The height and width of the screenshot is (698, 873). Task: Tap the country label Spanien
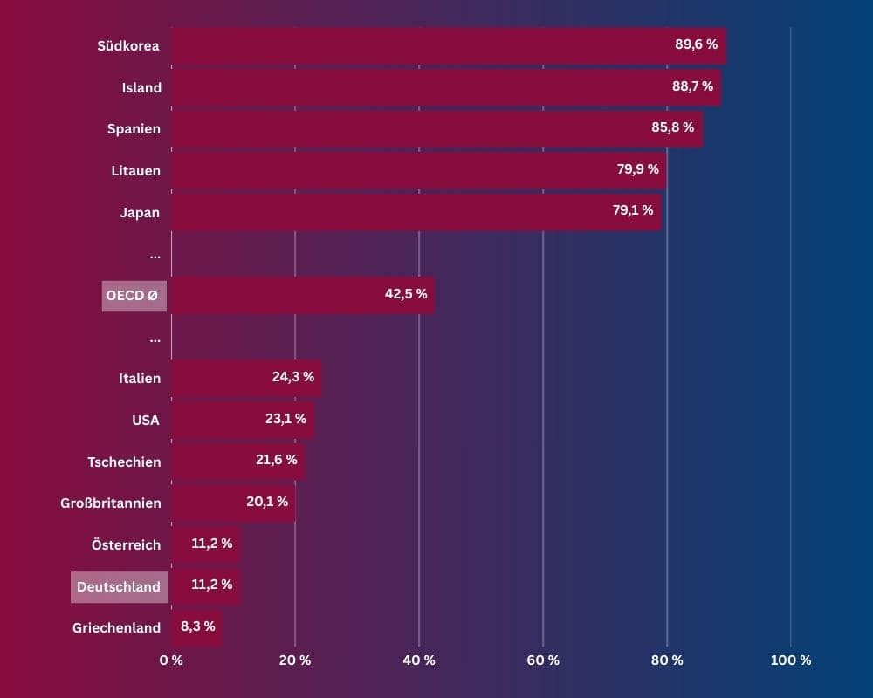pos(134,128)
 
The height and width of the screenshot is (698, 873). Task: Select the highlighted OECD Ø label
pos(134,296)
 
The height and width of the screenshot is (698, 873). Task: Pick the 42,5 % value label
pos(406,294)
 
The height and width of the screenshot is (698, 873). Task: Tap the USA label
pos(146,420)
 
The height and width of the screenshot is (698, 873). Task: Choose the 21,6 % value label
pos(276,460)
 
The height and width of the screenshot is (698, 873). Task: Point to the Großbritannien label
pos(111,503)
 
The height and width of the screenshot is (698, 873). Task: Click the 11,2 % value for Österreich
pos(212,544)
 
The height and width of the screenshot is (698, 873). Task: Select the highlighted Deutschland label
pos(119,586)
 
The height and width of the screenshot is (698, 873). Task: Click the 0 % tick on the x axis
pos(171,660)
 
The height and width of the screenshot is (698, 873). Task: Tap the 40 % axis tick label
pos(418,660)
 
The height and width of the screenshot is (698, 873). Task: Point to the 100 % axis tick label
pos(791,660)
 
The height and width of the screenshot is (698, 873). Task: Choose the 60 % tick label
pos(543,660)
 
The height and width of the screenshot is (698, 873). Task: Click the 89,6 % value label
pos(696,44)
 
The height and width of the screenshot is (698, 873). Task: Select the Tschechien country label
pos(124,462)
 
